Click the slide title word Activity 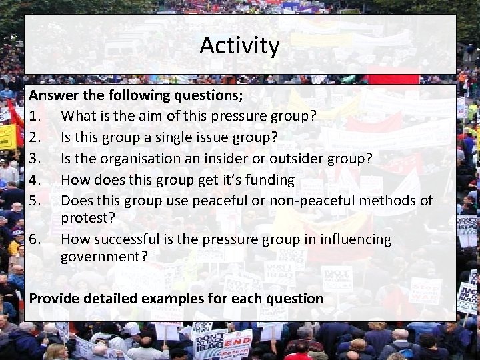click(239, 46)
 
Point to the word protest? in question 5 click(87, 219)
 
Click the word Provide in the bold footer click(56, 299)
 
